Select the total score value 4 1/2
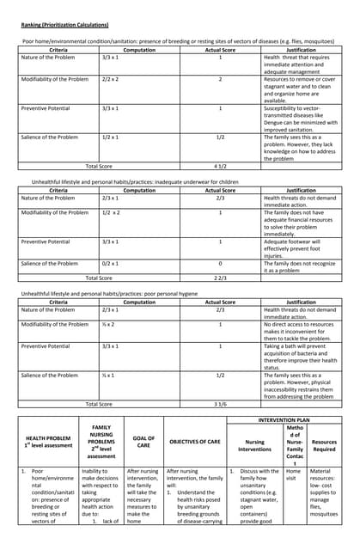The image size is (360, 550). [x=220, y=166]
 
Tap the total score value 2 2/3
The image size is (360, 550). [x=220, y=278]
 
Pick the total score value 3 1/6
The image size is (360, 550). [x=220, y=403]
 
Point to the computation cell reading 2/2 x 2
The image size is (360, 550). [x=111, y=79]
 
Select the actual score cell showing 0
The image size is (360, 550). [x=220, y=264]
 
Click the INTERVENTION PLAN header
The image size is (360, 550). [x=284, y=421]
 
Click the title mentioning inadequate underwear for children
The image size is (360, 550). [x=135, y=182]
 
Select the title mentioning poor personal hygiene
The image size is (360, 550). [x=118, y=293]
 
